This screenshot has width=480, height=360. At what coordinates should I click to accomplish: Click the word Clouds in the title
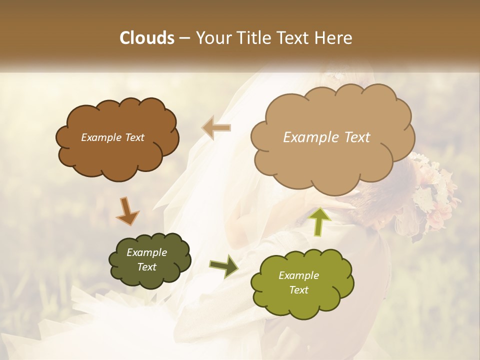pos(147,38)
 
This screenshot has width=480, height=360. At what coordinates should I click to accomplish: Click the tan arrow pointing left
pos(216,128)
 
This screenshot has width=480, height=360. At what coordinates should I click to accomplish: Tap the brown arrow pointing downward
pos(127,211)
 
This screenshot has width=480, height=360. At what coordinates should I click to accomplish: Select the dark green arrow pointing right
pos(224,265)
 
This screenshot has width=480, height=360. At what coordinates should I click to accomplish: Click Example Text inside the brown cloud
pos(112,137)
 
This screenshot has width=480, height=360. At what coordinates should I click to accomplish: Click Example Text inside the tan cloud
pos(326,137)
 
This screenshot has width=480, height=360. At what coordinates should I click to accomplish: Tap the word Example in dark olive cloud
pos(146,252)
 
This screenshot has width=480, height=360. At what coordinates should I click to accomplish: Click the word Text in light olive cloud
pos(299,290)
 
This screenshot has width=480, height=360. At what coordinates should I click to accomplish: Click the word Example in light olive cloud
pos(298,275)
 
